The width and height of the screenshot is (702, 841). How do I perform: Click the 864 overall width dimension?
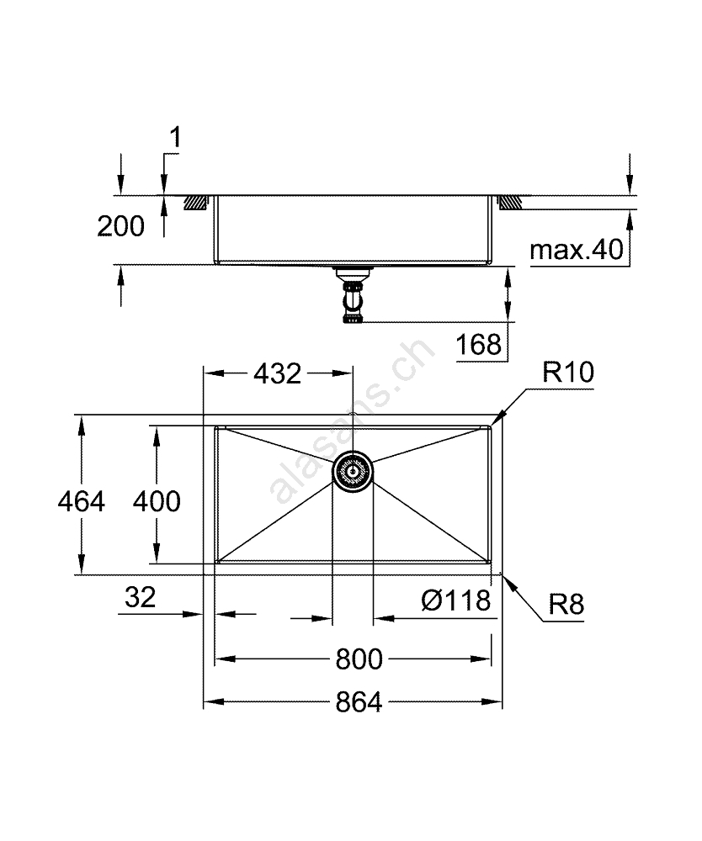coord(359,701)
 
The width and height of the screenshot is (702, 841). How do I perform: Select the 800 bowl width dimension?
coord(359,659)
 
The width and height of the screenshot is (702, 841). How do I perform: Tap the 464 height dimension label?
coord(82,502)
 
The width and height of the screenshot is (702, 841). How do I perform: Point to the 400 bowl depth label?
coord(157,502)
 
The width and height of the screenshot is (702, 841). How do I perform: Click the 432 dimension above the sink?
coord(278,374)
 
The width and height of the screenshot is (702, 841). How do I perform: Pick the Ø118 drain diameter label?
coord(455,600)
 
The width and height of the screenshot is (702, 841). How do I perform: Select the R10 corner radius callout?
coord(568,372)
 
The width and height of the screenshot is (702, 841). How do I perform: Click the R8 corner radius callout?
coord(566,605)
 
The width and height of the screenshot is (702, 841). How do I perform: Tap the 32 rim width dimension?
coord(140,597)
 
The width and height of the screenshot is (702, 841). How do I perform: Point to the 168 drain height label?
coord(479,344)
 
